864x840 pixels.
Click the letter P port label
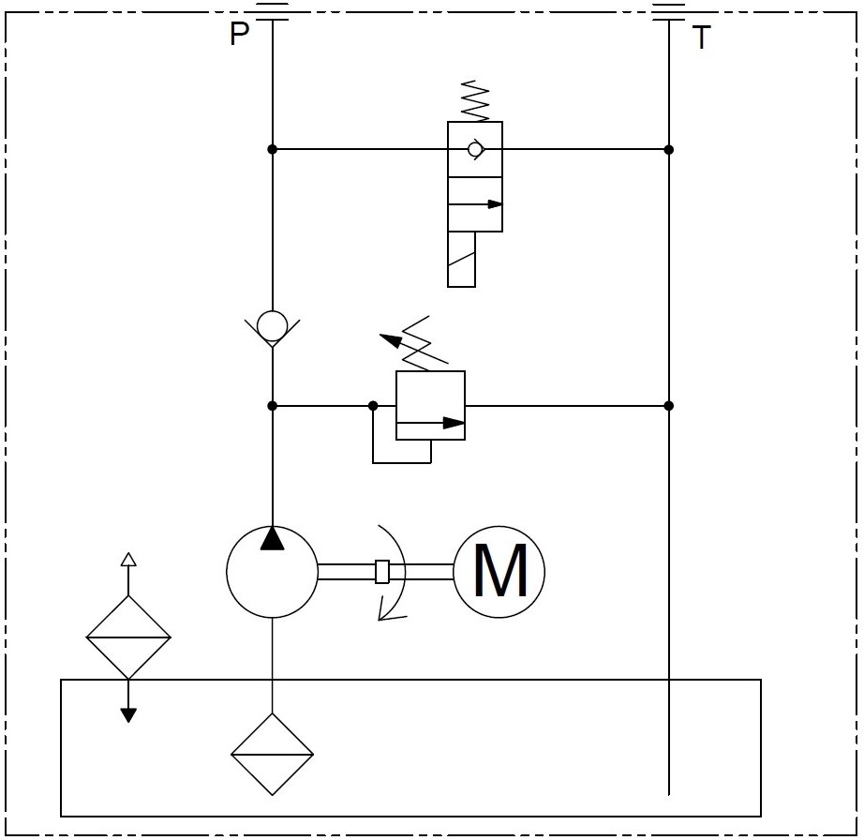click(240, 35)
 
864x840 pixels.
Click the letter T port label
click(701, 38)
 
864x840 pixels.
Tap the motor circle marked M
click(499, 571)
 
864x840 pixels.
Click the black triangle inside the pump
click(272, 538)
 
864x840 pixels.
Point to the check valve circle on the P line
click(272, 327)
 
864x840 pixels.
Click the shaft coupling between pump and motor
click(381, 571)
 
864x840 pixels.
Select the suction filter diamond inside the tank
click(272, 754)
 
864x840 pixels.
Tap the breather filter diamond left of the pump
click(128, 637)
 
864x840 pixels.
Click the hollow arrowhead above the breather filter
click(128, 560)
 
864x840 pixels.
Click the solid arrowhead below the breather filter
click(128, 714)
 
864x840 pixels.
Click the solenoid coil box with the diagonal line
click(461, 259)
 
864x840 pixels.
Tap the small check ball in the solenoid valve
click(475, 149)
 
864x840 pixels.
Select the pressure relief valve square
click(430, 405)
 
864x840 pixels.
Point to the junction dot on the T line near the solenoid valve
click(668, 149)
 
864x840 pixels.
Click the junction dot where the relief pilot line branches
click(373, 406)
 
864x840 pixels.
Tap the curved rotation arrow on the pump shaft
click(394, 572)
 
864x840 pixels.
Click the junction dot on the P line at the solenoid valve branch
click(272, 149)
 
